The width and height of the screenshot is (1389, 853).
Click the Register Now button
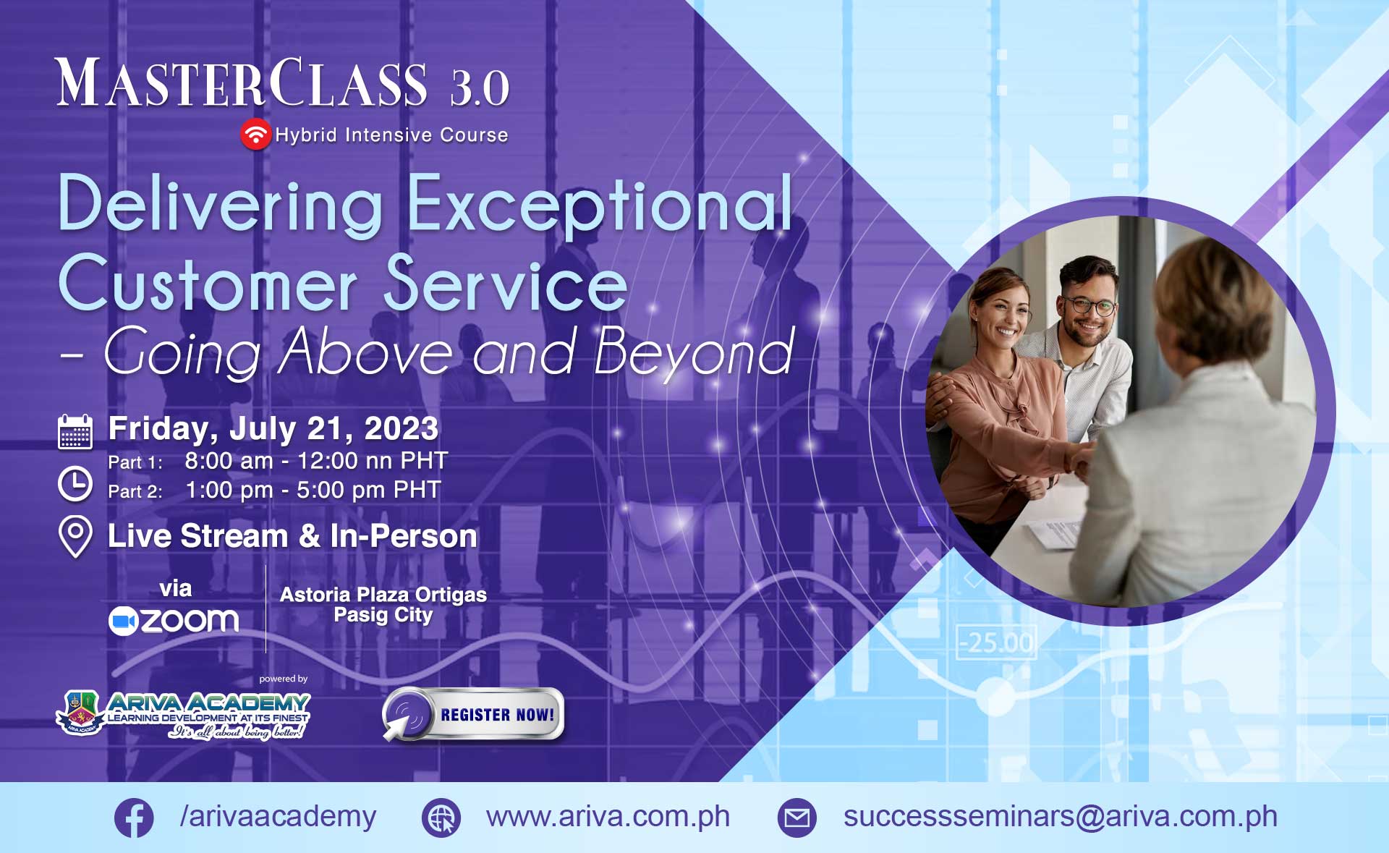473,715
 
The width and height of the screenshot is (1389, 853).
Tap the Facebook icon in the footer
134,818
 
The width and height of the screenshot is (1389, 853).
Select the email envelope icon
797,818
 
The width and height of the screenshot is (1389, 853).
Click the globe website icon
441,818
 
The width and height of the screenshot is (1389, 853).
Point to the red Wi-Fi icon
255,135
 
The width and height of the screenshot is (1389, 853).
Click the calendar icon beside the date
75,432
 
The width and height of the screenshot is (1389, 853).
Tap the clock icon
75,484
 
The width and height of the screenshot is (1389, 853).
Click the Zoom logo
174,621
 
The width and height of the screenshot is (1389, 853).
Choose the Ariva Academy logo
184,715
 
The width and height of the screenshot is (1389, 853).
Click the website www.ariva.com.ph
608,817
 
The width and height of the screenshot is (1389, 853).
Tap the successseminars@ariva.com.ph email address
1061,817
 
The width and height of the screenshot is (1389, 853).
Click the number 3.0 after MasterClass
480,88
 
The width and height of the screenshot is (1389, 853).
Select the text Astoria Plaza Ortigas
383,595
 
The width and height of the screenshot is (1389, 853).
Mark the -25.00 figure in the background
996,642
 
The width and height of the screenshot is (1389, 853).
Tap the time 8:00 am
229,461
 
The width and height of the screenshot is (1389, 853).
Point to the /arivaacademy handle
279,817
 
